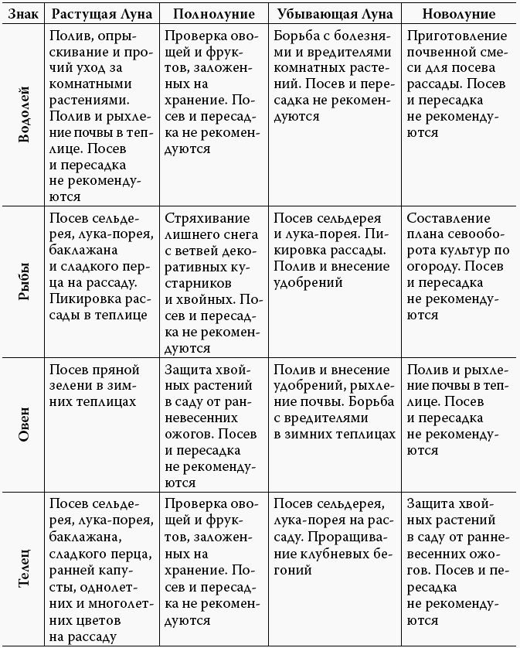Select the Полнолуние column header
pyautogui.click(x=209, y=15)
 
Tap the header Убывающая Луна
pyautogui.click(x=334, y=15)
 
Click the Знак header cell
pyautogui.click(x=22, y=15)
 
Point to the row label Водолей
pyautogui.click(x=23, y=116)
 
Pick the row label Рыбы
pyautogui.click(x=23, y=282)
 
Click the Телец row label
pyautogui.click(x=23, y=568)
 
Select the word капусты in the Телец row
pyautogui.click(x=114, y=571)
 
